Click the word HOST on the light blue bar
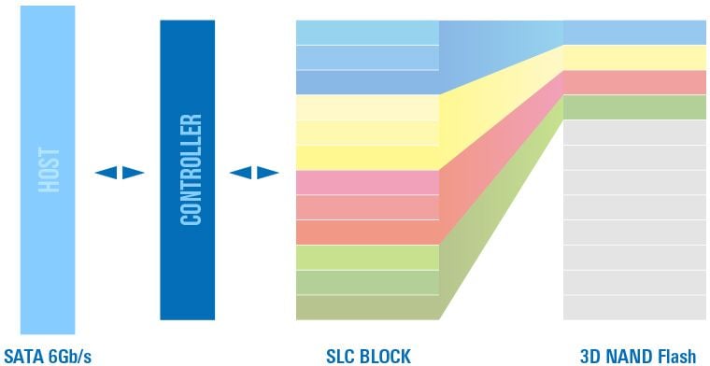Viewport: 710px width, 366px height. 49,170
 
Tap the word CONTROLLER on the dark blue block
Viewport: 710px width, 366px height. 191,170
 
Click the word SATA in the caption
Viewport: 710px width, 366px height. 24,356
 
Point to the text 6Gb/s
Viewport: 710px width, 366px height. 69,356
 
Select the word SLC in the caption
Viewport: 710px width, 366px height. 341,356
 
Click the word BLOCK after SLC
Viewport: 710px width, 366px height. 386,356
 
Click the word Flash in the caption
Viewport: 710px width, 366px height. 676,356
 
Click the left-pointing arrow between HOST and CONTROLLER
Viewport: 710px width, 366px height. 106,173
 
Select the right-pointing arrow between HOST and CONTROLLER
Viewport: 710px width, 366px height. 133,173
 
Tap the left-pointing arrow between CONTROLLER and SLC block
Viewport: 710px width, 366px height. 240,173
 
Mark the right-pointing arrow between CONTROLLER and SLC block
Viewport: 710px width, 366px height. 267,173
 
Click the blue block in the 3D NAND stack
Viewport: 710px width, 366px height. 634,33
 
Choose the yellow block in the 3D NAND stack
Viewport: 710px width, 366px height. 634,58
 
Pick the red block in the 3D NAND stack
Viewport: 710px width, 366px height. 634,83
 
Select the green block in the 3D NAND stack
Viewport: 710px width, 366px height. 634,107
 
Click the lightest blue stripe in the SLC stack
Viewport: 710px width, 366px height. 367,33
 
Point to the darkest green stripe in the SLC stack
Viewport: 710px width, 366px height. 367,307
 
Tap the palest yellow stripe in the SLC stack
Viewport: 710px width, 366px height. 367,107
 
